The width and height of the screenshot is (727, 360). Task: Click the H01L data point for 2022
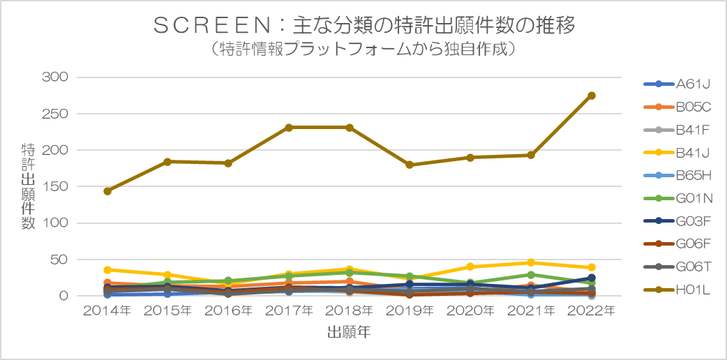click(x=591, y=96)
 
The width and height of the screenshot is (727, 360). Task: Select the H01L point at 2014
click(x=107, y=191)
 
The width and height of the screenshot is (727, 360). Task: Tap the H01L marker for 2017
click(x=289, y=128)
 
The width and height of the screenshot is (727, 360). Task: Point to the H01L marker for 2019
click(x=410, y=165)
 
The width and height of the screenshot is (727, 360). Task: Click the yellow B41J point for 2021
click(x=531, y=263)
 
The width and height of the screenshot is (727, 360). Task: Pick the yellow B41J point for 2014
click(x=107, y=270)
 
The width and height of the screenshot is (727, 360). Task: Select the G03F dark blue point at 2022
click(x=591, y=278)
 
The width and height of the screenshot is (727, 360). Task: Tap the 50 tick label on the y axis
click(x=61, y=260)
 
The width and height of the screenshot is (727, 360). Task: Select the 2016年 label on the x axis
click(x=228, y=310)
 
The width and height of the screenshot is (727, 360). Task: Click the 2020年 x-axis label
click(x=470, y=310)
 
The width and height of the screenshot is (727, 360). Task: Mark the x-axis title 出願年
click(x=349, y=333)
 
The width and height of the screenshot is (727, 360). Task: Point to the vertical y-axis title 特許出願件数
click(x=29, y=186)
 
